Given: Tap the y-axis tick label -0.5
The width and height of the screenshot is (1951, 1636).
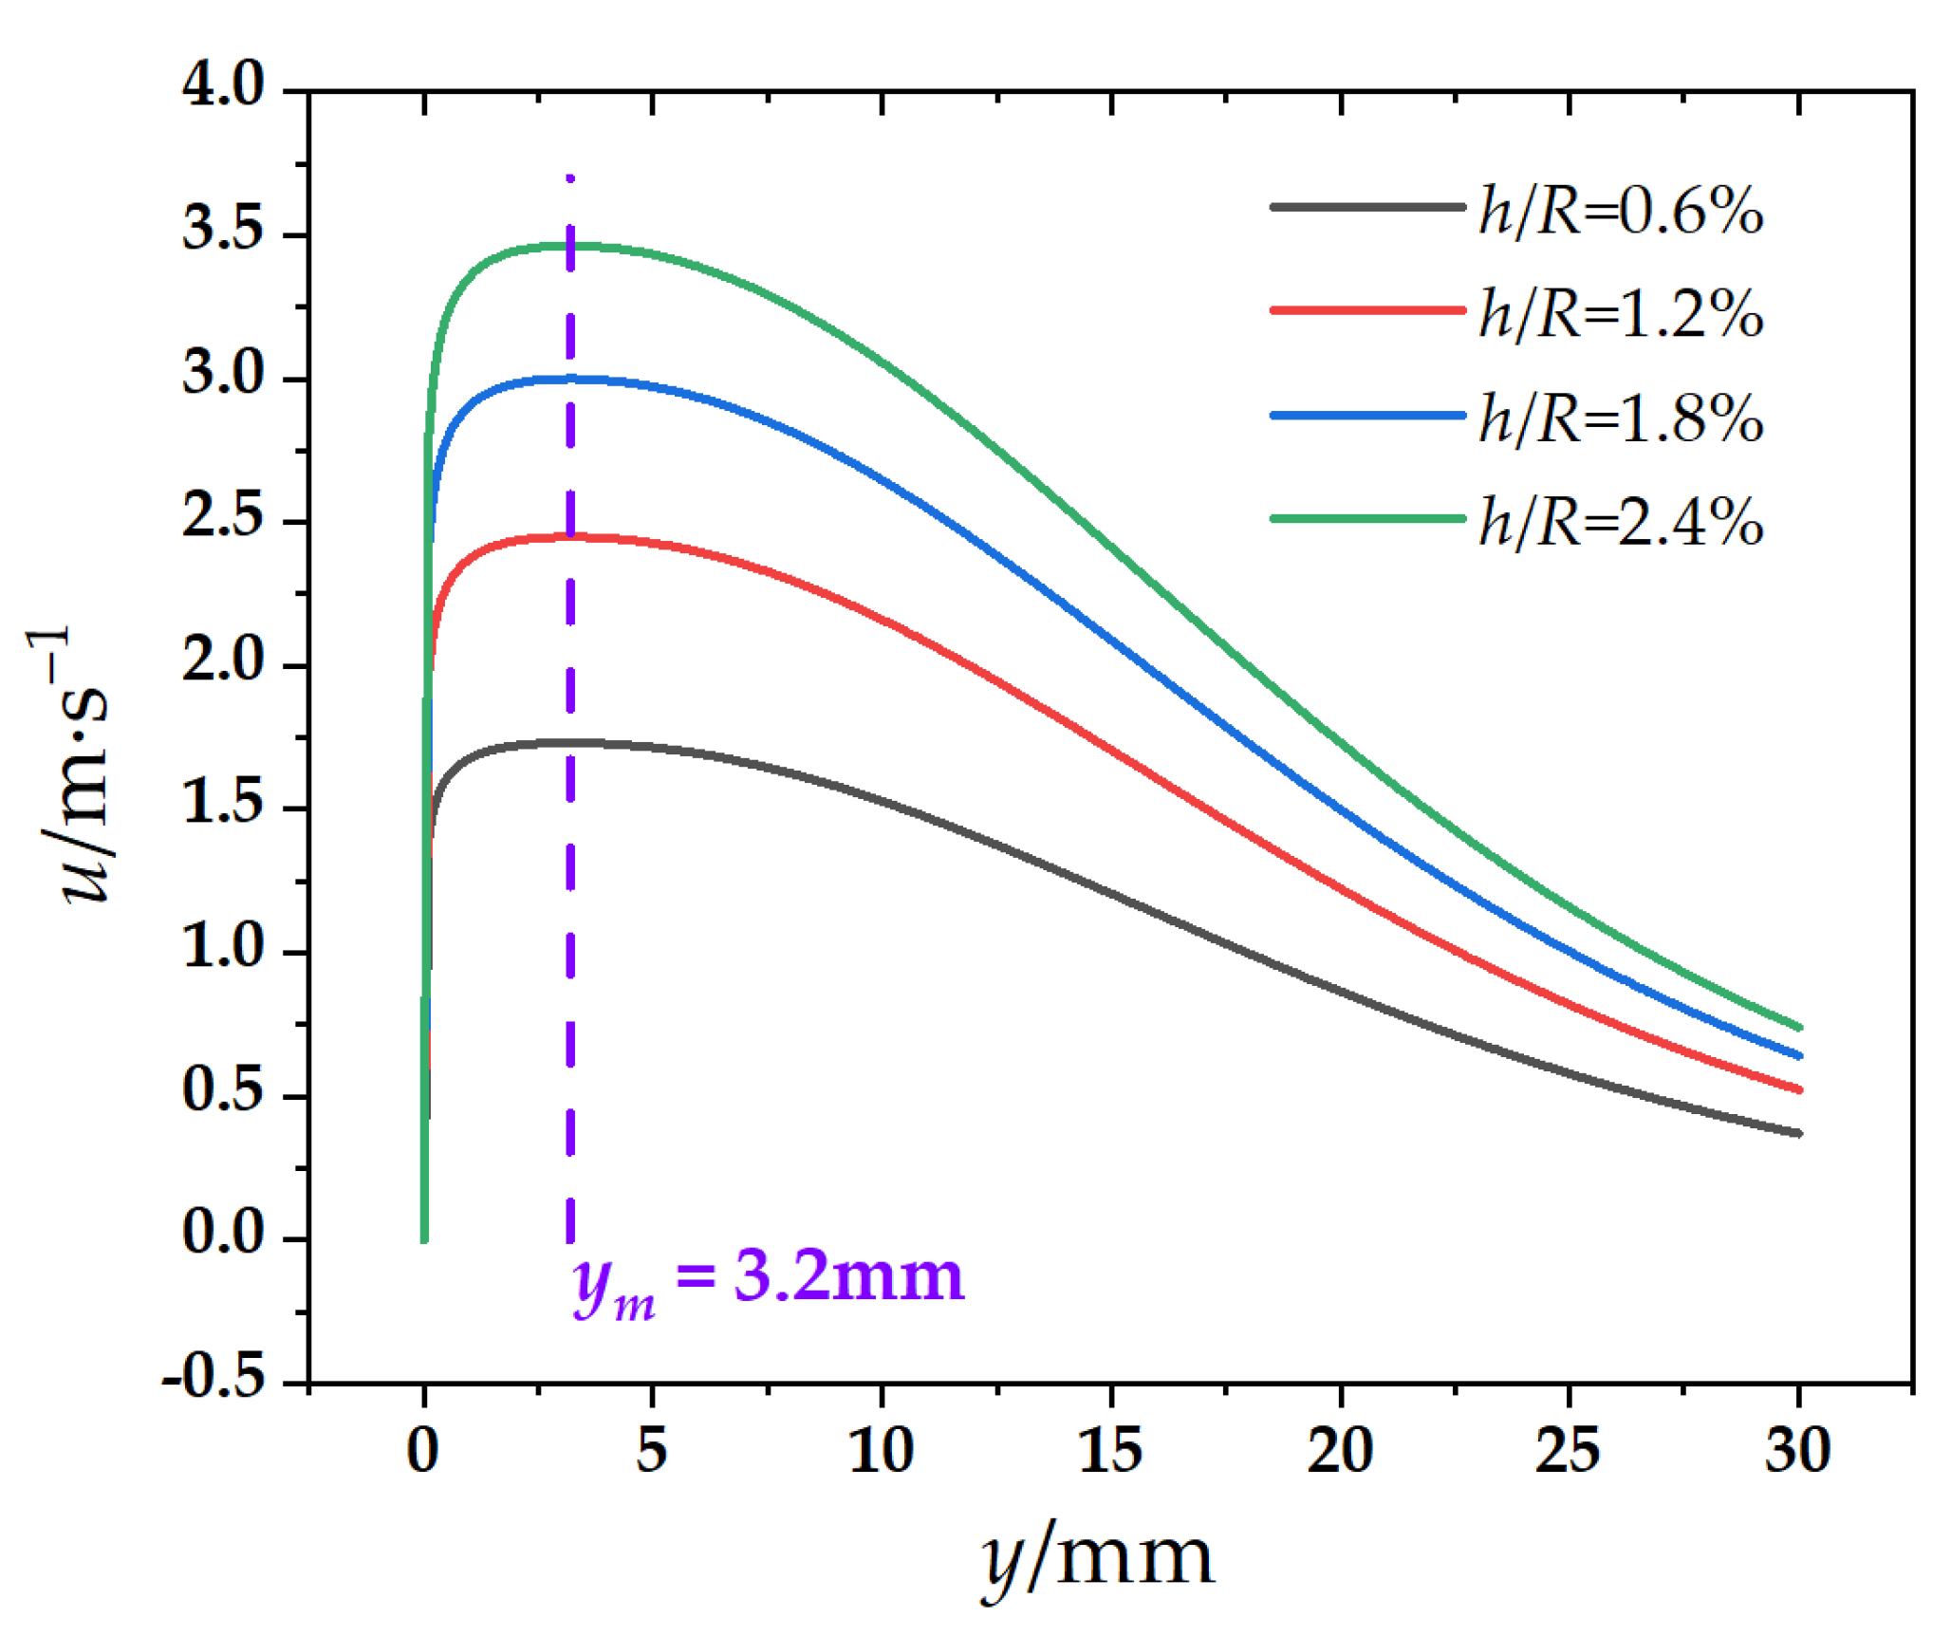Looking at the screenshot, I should [214, 1377].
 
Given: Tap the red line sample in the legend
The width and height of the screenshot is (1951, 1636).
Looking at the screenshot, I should [1366, 310].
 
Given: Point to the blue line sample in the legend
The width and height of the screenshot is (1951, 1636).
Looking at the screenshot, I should [1366, 415].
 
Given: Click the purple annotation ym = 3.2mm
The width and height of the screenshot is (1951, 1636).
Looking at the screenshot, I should [769, 1281].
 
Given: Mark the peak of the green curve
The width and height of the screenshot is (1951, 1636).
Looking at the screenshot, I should [569, 246].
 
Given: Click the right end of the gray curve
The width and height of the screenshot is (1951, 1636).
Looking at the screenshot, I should [1797, 1133].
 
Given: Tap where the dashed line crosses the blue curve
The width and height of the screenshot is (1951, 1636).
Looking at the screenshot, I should [570, 379].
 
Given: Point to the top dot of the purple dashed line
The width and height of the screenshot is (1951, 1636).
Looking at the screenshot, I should [569, 177].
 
